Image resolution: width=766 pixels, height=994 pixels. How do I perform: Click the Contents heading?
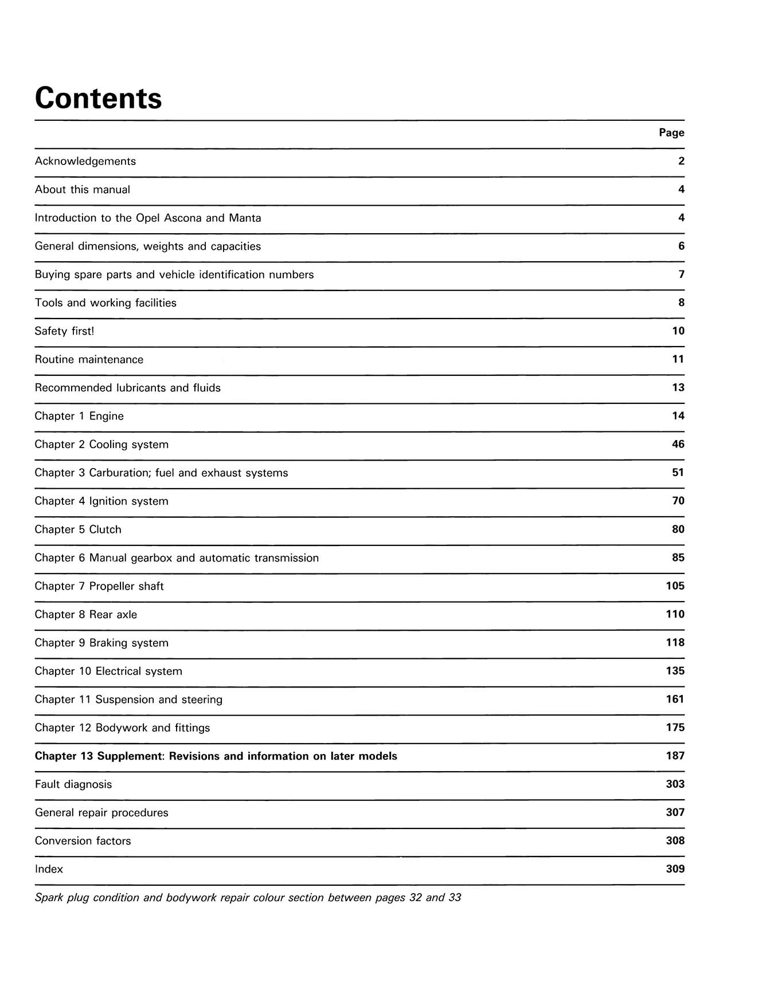[99, 98]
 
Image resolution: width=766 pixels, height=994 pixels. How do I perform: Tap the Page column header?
[671, 133]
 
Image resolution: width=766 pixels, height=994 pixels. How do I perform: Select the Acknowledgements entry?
[85, 162]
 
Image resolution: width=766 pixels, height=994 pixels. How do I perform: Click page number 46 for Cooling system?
[678, 444]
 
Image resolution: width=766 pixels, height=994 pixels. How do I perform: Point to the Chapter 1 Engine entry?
[79, 417]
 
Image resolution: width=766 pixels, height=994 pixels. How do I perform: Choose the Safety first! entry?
[64, 331]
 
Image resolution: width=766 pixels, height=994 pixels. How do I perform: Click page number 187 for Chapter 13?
[675, 756]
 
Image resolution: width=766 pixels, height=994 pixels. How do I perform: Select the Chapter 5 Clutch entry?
[78, 530]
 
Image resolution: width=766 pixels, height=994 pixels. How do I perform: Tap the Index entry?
[49, 869]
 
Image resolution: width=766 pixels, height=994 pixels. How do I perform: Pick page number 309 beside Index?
[675, 869]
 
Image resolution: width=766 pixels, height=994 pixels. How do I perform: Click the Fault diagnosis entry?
[73, 784]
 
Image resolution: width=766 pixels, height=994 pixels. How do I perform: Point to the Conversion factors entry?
[83, 841]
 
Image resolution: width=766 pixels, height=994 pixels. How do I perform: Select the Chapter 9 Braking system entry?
[101, 643]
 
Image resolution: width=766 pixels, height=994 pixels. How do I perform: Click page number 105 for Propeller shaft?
[675, 586]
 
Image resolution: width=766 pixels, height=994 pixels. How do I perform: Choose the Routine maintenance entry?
[89, 360]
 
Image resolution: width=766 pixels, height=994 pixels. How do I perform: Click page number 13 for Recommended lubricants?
[678, 388]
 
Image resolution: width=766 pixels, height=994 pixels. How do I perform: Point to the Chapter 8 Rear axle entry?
[86, 615]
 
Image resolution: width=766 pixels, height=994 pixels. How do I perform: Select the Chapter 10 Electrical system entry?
[108, 671]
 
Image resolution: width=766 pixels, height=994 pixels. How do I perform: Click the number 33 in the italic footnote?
[455, 898]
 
